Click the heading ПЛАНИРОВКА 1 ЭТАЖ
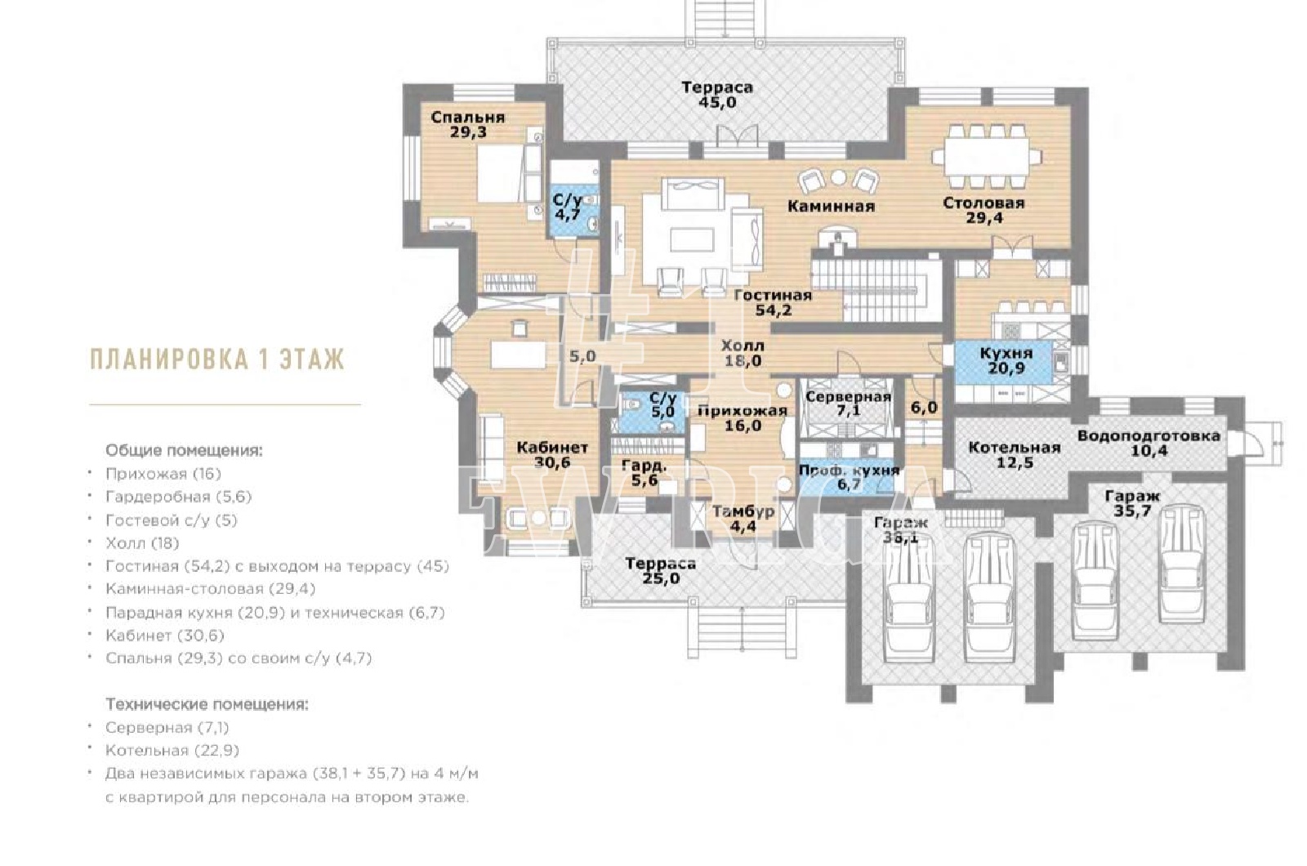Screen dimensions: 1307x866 [x=217, y=359]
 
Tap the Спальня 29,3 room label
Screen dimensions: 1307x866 [x=468, y=124]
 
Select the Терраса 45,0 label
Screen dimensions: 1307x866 [x=717, y=95]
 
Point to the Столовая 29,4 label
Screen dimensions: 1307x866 [x=984, y=210]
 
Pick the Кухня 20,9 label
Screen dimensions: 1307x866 [x=1006, y=360]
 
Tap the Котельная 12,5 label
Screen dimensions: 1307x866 [x=1014, y=455]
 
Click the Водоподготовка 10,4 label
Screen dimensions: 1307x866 [x=1149, y=443]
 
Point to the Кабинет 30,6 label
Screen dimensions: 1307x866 [x=552, y=454]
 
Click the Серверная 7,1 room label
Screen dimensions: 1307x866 [x=849, y=404]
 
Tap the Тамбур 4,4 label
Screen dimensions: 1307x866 [x=743, y=519]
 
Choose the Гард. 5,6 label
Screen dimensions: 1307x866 [x=645, y=473]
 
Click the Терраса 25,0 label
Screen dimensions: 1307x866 [x=661, y=571]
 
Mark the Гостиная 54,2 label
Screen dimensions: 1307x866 [x=773, y=302]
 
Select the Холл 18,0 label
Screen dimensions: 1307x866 [x=743, y=353]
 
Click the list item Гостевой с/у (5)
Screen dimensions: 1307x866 [x=172, y=520]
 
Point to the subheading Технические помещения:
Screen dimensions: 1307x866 [x=207, y=704]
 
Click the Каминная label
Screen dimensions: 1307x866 [x=831, y=206]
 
